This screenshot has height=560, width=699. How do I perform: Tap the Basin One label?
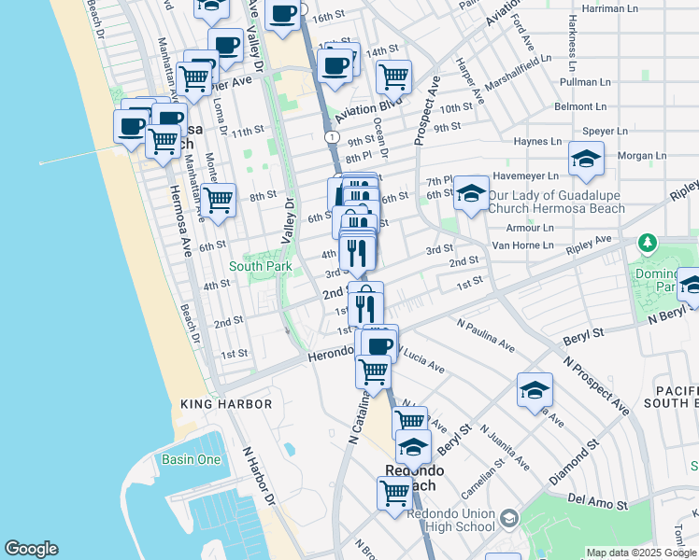point(191,459)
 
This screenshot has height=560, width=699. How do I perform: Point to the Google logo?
point(31,549)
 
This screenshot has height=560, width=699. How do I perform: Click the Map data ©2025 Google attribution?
point(641,553)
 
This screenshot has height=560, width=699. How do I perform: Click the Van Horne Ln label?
point(522,245)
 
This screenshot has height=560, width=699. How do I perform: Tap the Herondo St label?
point(329,358)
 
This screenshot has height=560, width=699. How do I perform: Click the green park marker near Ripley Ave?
point(648,245)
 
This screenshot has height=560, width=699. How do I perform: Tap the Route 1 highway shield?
point(332,136)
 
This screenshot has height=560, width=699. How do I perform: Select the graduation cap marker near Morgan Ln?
point(586,160)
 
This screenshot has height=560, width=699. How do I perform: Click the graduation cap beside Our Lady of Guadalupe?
point(471,195)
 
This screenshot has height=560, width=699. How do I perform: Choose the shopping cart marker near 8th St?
point(218,199)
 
